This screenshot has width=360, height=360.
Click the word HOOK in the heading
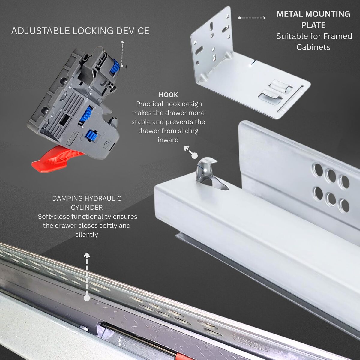[168, 95]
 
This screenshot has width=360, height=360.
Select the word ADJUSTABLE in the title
[40, 31]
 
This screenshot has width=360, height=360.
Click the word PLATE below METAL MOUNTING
[313, 25]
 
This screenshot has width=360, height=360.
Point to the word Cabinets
[313, 47]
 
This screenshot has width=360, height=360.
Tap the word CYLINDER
[87, 208]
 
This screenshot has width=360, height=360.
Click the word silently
[87, 235]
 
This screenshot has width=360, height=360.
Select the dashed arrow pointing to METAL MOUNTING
[252, 18]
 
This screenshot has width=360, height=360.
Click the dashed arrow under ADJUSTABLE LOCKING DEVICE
[122, 54]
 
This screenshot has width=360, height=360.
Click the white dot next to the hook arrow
[195, 156]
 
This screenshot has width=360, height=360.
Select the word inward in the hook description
[168, 140]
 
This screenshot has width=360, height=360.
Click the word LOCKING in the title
[93, 31]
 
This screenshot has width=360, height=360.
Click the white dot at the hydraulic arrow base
[87, 298]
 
